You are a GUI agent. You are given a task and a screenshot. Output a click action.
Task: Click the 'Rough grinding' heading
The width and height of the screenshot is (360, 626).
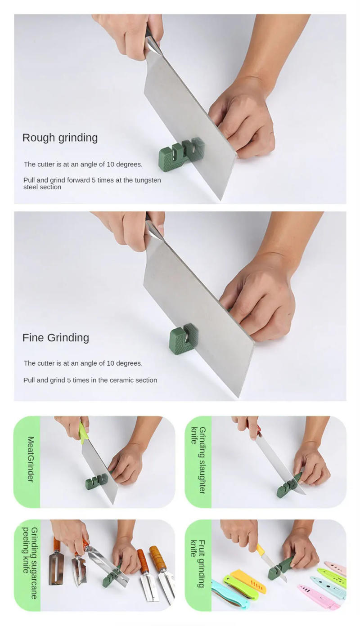(60, 138)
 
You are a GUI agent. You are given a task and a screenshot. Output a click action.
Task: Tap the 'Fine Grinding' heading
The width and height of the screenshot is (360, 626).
(56, 338)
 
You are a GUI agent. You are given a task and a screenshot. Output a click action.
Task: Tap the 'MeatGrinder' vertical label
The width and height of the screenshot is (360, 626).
(30, 459)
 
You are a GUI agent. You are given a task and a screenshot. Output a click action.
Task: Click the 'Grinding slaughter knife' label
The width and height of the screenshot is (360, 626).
(198, 460)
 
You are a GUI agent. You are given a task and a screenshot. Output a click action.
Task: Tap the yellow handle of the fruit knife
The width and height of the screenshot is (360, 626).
(260, 549)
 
